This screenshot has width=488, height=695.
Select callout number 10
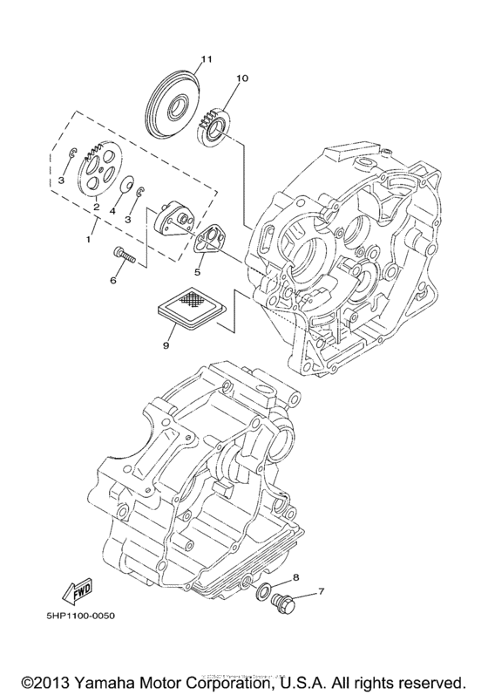[x=241, y=78]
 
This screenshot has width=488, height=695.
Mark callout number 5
[x=197, y=271]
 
